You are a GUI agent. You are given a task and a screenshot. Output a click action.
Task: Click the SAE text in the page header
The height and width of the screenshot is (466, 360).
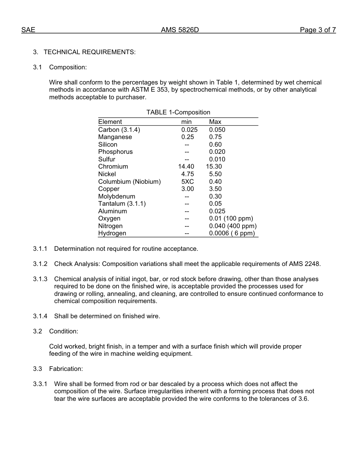click(x=28, y=30)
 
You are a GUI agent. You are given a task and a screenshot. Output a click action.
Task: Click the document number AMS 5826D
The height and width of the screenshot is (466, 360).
click(x=180, y=30)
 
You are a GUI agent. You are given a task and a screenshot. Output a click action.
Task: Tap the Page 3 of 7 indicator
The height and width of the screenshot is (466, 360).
click(x=318, y=30)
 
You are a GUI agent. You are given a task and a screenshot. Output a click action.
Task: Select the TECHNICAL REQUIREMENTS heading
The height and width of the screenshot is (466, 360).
click(x=89, y=52)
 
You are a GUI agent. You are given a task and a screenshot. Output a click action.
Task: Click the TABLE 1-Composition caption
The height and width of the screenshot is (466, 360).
click(x=178, y=112)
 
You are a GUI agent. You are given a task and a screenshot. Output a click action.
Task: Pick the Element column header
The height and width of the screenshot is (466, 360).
click(x=110, y=122)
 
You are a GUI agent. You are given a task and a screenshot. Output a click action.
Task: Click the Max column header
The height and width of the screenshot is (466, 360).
click(x=215, y=122)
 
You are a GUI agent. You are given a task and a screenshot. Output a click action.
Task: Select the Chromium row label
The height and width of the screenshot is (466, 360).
click(x=113, y=166)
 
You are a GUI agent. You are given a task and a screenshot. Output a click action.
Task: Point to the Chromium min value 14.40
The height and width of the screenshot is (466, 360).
click(x=186, y=166)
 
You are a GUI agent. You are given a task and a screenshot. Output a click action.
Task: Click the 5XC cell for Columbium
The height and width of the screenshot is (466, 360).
click(x=187, y=181)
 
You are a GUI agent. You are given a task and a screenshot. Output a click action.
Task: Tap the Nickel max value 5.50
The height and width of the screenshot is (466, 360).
click(x=215, y=174)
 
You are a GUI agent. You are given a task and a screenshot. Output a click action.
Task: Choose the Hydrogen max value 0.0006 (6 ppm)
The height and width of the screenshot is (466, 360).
click(x=232, y=233)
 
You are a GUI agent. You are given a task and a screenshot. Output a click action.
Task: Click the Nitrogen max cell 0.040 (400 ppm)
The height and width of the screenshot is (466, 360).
click(x=233, y=226)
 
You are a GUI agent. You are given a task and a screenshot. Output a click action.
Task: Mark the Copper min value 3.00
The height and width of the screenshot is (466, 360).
click(x=187, y=189)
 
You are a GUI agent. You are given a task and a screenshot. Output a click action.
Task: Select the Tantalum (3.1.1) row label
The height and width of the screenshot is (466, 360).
click(x=122, y=203)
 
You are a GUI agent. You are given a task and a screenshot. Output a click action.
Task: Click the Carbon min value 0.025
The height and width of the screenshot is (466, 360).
click(x=189, y=130)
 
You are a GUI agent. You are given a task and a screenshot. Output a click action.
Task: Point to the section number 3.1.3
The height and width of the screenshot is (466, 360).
click(x=40, y=279)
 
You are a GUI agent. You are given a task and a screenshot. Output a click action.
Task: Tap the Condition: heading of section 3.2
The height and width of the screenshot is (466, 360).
click(x=64, y=331)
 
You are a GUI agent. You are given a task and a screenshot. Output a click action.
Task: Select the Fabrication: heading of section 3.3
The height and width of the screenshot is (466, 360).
click(x=66, y=369)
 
